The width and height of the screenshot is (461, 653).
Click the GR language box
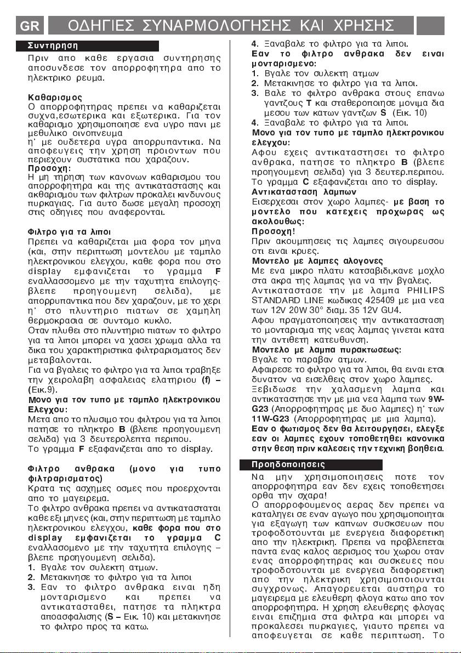tap(27, 25)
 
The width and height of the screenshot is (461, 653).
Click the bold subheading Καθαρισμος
tap(55, 97)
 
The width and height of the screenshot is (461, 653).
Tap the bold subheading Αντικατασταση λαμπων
tap(296, 192)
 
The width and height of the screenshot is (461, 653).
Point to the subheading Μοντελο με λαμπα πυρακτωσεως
tap(326, 349)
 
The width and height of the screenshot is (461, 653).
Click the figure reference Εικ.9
tap(43, 389)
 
